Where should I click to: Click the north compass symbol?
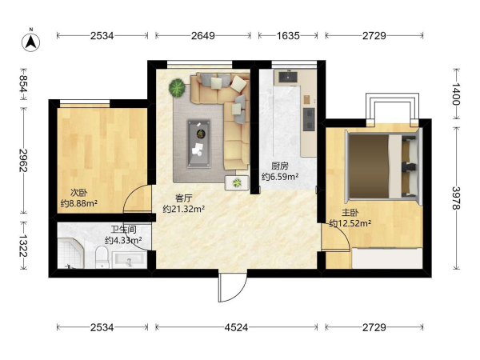pyautogui.click(x=30, y=42)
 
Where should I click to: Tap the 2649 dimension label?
pyautogui.click(x=203, y=36)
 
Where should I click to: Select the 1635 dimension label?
pyautogui.click(x=288, y=36)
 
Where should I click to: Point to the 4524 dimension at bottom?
pyautogui.click(x=236, y=327)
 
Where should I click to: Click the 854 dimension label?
pyautogui.click(x=23, y=83)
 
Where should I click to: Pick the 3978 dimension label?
pyautogui.click(x=457, y=198)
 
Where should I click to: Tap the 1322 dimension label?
pyautogui.click(x=23, y=246)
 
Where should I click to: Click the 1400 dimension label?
pyautogui.click(x=457, y=94)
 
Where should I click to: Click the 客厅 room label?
pyautogui.click(x=184, y=198)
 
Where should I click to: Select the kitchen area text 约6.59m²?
pyautogui.click(x=280, y=177)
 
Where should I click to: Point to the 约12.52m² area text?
pyautogui.click(x=350, y=223)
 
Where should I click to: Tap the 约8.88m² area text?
pyautogui.click(x=79, y=203)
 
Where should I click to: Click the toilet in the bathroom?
pyautogui.click(x=102, y=257)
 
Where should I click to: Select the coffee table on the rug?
pyautogui.click(x=199, y=143)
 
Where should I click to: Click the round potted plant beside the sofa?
pyautogui.click(x=177, y=88)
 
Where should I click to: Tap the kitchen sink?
pyautogui.click(x=288, y=78)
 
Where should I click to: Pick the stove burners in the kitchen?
pyautogui.click(x=309, y=119)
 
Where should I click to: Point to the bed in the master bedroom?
pyautogui.click(x=383, y=166)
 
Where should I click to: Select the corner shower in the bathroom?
pyautogui.click(x=70, y=253)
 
